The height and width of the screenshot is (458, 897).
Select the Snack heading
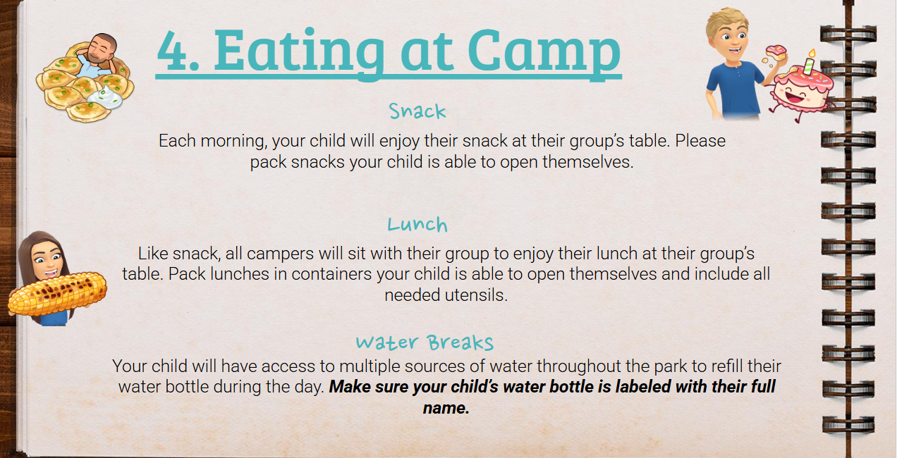pyautogui.click(x=417, y=111)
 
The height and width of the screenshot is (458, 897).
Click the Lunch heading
pyautogui.click(x=417, y=224)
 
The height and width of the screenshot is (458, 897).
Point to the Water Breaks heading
pyautogui.click(x=425, y=342)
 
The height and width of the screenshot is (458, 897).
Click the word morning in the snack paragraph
pyautogui.click(x=234, y=141)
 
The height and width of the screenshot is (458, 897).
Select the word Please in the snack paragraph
pyautogui.click(x=700, y=141)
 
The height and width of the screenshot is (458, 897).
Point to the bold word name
pyautogui.click(x=446, y=408)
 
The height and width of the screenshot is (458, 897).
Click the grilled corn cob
pyautogui.click(x=57, y=293)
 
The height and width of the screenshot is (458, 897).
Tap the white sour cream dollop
pyautogui.click(x=105, y=97)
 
